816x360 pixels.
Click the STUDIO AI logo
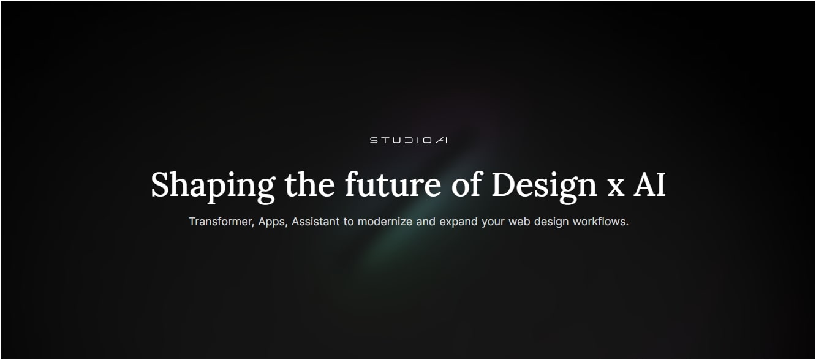(409, 140)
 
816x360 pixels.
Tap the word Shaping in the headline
(213, 186)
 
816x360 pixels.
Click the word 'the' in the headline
(309, 184)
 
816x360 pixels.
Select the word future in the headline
(393, 184)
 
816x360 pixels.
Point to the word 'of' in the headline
(467, 184)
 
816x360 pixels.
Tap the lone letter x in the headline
(615, 189)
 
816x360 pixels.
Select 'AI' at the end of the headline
(649, 184)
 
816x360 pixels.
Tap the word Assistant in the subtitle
(315, 221)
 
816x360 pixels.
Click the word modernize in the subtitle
(385, 221)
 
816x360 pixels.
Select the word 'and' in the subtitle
(426, 221)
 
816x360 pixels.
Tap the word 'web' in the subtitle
(519, 221)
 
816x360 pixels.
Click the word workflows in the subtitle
(600, 221)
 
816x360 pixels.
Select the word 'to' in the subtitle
(349, 222)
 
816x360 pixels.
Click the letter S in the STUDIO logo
(374, 140)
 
